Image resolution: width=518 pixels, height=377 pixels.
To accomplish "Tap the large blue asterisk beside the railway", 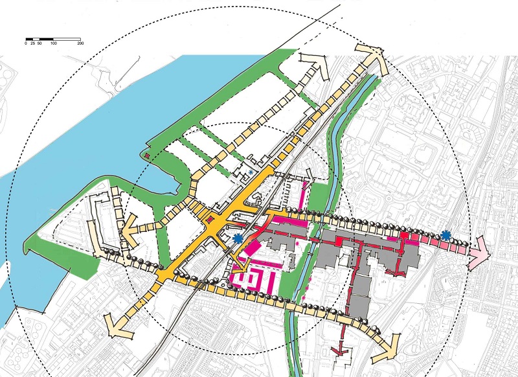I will (238, 238).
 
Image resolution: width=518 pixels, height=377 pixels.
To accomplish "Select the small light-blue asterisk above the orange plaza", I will (251, 172).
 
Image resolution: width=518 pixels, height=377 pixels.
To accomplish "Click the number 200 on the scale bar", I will (80, 43).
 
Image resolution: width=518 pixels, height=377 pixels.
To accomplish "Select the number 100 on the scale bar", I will (53, 43).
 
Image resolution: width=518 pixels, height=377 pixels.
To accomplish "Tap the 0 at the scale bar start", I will (26, 43).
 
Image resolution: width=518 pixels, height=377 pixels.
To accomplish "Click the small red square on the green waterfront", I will (147, 156).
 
